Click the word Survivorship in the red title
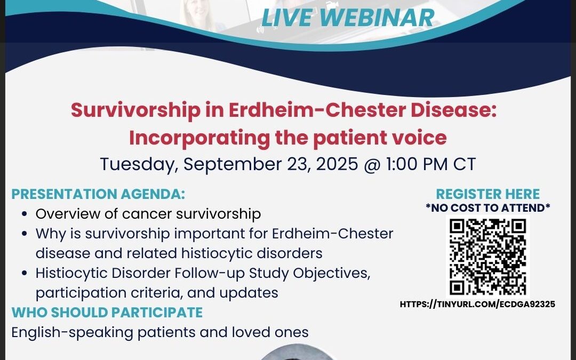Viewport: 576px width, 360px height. [x=135, y=110]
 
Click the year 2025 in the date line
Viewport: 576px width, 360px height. [x=337, y=164]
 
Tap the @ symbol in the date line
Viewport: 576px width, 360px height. [x=372, y=164]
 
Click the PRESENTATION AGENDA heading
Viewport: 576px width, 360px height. [x=98, y=194]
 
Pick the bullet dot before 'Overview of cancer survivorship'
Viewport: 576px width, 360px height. [x=25, y=214]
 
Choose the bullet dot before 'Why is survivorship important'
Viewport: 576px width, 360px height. [x=25, y=234]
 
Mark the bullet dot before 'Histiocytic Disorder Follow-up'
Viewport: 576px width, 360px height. [x=25, y=273]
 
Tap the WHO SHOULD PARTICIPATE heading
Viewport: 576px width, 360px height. [x=107, y=312]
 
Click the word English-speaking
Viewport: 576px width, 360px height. [x=73, y=333]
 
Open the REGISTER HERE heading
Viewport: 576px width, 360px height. [x=488, y=194]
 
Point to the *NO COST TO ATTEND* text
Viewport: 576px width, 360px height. [x=488, y=208]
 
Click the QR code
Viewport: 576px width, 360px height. [x=488, y=257]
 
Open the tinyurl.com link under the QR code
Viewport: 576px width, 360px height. [x=477, y=304]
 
